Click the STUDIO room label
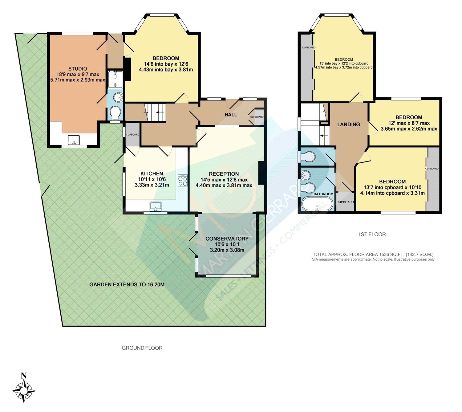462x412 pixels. (78, 69)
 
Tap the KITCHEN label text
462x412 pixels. (152, 173)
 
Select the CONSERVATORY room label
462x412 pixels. (227, 239)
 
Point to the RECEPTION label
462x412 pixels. (224, 174)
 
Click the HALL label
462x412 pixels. (231, 115)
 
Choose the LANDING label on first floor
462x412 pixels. (348, 124)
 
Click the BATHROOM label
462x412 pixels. (323, 194)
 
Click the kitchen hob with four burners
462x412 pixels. (182, 180)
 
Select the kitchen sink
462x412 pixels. (156, 206)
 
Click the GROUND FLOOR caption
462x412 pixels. (142, 348)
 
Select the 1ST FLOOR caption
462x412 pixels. (372, 234)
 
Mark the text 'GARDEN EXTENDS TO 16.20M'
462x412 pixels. (127, 284)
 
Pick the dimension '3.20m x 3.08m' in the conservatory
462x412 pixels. (227, 250)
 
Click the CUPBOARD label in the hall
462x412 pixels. (257, 117)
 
